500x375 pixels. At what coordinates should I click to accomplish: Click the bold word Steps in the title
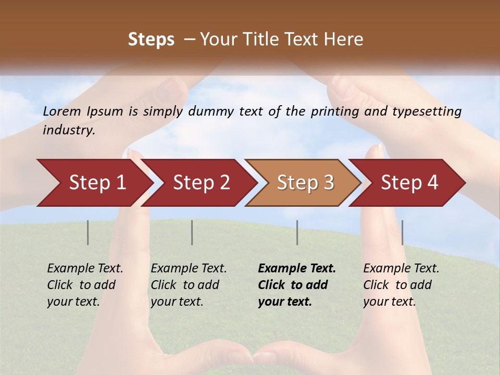point(151,40)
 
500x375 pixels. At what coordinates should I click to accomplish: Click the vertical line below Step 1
point(88,232)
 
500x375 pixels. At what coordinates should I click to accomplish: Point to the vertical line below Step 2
point(192,232)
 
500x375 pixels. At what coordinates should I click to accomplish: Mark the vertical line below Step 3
point(297,232)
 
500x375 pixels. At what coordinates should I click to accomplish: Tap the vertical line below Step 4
point(402,232)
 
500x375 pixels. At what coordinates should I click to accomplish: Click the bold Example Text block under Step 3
point(297,285)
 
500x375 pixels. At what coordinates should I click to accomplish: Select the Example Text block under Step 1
point(85,285)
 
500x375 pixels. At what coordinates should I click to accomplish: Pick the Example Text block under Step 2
point(189,285)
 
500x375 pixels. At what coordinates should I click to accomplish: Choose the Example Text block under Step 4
point(401,285)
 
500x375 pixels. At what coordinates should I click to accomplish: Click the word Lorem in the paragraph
point(62,111)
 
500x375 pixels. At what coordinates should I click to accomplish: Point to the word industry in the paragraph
point(68,130)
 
